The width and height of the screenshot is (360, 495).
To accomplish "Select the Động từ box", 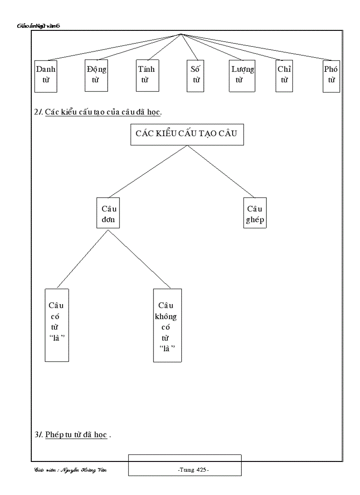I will tap(96, 76).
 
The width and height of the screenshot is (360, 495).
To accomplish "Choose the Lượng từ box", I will tap(243, 76).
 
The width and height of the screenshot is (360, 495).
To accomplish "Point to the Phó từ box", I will tap(331, 76).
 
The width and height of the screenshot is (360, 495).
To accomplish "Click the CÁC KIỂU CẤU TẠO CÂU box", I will tap(187, 134).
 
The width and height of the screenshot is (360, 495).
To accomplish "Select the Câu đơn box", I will tap(109, 213).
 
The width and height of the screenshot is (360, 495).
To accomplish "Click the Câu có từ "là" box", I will tap(57, 325).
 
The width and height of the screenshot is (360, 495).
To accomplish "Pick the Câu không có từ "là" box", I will tap(167, 325).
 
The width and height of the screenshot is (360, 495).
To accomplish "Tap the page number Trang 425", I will tap(193, 470).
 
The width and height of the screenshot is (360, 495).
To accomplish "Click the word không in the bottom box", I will tap(167, 316).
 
